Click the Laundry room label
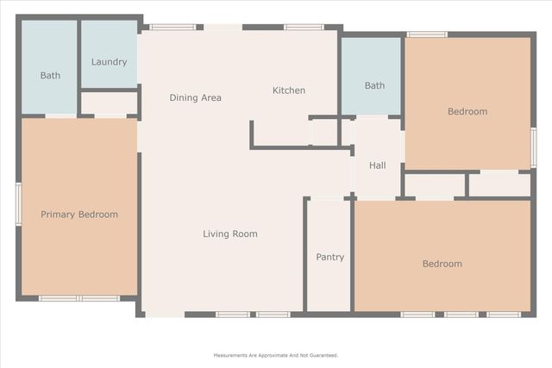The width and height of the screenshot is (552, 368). tap(109, 62)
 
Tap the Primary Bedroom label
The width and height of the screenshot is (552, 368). tap(79, 215)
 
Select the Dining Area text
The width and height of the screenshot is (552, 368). tap(195, 97)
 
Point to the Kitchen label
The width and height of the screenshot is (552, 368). tap(289, 90)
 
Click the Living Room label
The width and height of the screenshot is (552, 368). tap(230, 234)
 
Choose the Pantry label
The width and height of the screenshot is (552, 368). tap(329, 257)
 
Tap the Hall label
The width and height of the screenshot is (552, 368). tap(378, 165)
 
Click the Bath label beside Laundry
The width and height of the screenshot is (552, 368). tap(50, 75)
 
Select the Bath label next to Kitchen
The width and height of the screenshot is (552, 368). tap(374, 85)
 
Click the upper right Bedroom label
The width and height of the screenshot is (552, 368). tap(467, 111)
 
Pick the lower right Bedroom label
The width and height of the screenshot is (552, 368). tap(442, 264)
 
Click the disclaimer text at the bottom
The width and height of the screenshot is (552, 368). tap(276, 355)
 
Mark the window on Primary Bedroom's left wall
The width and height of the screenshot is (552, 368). tap(18, 204)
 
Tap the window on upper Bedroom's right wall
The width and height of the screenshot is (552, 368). tap(534, 147)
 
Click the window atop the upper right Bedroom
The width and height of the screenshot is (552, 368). tap(427, 34)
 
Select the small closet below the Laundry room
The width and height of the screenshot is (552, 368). tap(110, 103)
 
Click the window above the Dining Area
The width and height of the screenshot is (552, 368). tap(172, 27)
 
